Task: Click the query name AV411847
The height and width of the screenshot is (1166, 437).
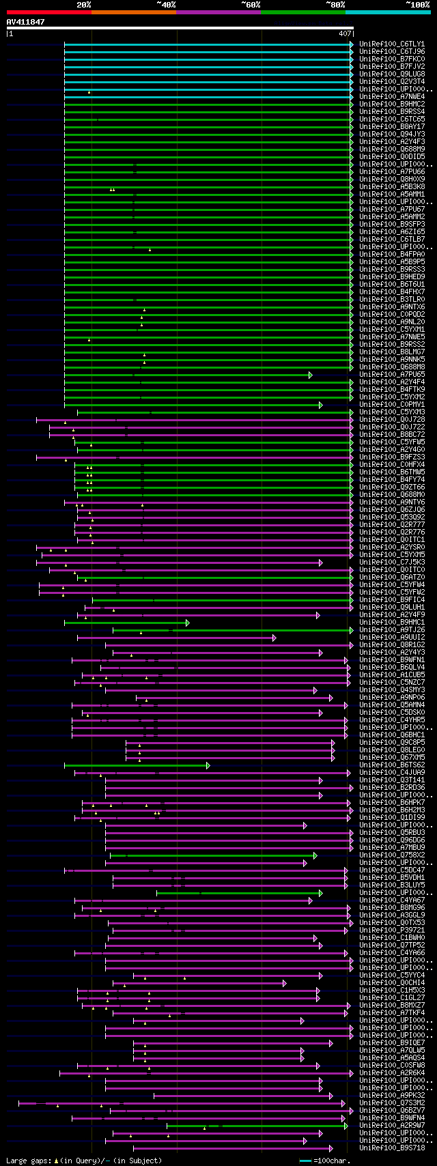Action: pyautogui.click(x=25, y=22)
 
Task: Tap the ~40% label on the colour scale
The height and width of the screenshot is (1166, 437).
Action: pyautogui.click(x=166, y=5)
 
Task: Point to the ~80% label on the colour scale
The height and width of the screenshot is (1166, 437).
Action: pyautogui.click(x=335, y=5)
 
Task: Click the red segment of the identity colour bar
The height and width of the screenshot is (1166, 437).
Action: pyautogui.click(x=48, y=12)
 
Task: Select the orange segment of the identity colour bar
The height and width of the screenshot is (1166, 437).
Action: pyautogui.click(x=133, y=12)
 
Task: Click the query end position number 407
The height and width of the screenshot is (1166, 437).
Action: pyautogui.click(x=345, y=33)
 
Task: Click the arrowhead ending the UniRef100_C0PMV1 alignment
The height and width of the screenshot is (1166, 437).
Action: pyautogui.click(x=320, y=405)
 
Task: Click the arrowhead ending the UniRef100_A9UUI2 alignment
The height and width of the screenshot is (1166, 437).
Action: pyautogui.click(x=274, y=638)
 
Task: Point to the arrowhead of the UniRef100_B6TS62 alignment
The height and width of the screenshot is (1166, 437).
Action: pyautogui.click(x=208, y=765)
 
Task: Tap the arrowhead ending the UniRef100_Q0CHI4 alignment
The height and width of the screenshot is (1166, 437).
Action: pyautogui.click(x=285, y=983)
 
